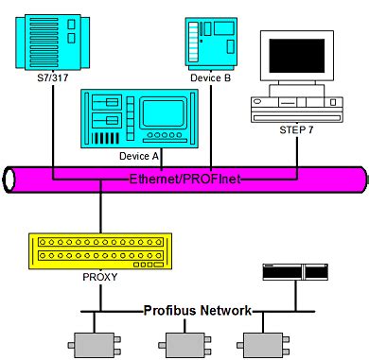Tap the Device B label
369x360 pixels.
[x=210, y=79]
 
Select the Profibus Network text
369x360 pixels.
[x=198, y=310]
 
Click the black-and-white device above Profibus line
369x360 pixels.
[x=293, y=273]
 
